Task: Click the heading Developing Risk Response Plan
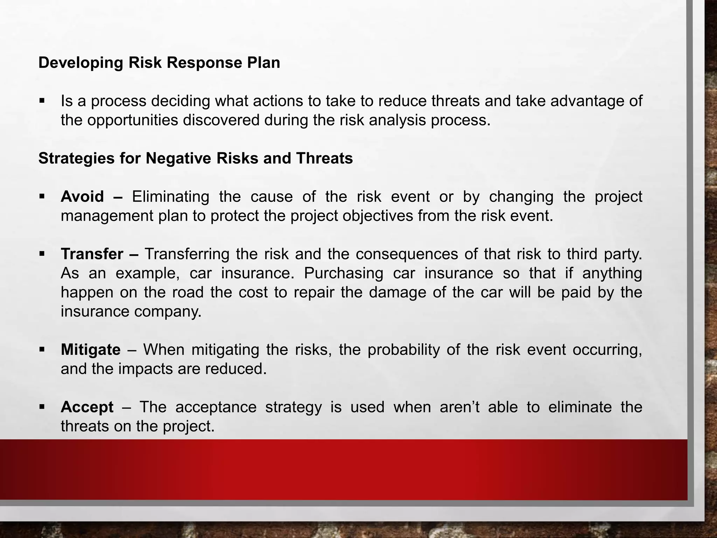point(159,63)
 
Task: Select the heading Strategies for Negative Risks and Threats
point(195,158)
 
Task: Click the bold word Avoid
point(82,197)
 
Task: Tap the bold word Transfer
point(92,254)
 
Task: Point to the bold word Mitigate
point(91,350)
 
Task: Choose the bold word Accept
point(87,407)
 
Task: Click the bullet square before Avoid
point(42,196)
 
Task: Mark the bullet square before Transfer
point(42,253)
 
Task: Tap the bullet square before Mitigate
point(42,349)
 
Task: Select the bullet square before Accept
point(42,406)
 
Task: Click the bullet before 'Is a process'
point(42,101)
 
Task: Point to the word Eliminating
point(170,197)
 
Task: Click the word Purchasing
point(343,273)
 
